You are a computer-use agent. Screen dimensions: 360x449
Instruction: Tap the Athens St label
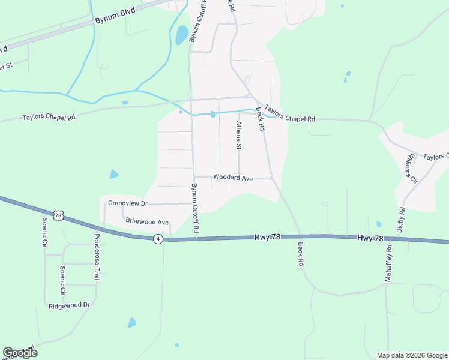click(x=239, y=135)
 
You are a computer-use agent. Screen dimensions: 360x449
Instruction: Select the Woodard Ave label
click(x=233, y=178)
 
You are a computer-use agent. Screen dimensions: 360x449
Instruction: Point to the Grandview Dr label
click(x=127, y=203)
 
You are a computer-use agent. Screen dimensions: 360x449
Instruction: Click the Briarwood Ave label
click(x=147, y=221)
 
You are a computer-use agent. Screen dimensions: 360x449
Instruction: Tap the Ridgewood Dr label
click(x=69, y=305)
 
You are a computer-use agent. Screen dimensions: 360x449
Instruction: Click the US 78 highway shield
click(x=58, y=214)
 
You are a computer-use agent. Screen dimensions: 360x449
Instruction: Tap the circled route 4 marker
click(x=157, y=239)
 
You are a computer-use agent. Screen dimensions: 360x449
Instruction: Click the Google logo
click(x=20, y=352)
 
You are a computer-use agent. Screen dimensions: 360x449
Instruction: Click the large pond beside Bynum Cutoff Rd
click(x=182, y=35)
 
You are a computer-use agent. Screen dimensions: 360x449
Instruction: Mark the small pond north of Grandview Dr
click(x=114, y=175)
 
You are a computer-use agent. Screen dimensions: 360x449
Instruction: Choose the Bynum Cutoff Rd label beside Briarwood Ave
click(x=194, y=208)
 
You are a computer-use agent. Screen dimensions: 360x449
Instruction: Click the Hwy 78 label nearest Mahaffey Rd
click(x=370, y=238)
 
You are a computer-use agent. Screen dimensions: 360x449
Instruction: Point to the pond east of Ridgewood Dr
click(x=132, y=322)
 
